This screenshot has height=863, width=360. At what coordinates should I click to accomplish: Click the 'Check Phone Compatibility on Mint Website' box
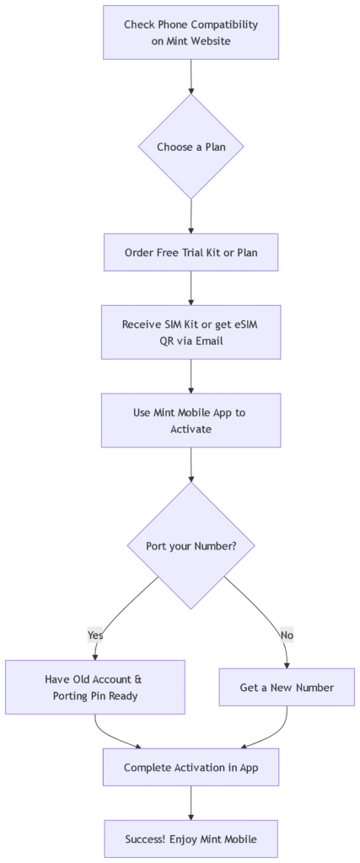(x=191, y=32)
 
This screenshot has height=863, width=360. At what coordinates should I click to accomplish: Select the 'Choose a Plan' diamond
(x=191, y=147)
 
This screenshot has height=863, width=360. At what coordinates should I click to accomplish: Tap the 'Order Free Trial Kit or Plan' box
(x=191, y=252)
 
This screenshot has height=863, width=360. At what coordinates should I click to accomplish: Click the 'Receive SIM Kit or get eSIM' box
(x=191, y=332)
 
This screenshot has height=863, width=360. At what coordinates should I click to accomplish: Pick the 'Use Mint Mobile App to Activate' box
(x=191, y=420)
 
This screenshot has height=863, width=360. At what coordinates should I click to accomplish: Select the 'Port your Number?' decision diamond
(x=191, y=545)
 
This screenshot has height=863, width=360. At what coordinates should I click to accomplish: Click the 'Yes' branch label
(x=95, y=634)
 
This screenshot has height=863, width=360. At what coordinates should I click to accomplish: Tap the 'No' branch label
(x=287, y=634)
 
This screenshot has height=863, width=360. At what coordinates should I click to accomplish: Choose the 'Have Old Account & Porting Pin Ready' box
(x=95, y=687)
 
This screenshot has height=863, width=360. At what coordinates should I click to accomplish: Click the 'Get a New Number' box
(x=287, y=687)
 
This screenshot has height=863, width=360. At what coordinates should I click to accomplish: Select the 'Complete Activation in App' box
(x=191, y=767)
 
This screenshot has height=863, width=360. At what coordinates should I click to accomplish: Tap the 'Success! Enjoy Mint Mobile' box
(x=191, y=838)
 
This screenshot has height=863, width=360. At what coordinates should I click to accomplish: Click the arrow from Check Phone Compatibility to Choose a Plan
(x=191, y=77)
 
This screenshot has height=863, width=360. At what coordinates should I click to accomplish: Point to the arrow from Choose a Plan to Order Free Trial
(x=191, y=217)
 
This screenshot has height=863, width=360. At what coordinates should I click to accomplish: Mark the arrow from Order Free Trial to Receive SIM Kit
(x=191, y=288)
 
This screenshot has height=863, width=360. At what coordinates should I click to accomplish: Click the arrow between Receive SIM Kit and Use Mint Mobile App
(x=191, y=377)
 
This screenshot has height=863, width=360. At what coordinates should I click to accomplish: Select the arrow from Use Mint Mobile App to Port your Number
(x=191, y=464)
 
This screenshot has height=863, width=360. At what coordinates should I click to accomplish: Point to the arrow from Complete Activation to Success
(x=191, y=803)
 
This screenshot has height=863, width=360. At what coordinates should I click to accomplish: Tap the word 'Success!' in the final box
(x=145, y=838)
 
